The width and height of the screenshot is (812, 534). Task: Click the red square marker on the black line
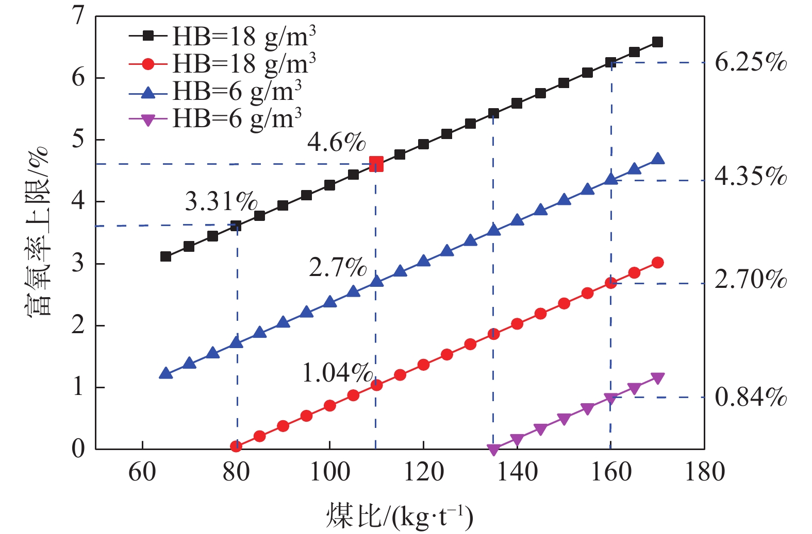click(x=376, y=164)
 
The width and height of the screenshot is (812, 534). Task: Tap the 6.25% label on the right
click(x=751, y=62)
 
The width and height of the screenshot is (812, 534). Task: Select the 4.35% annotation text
click(x=751, y=177)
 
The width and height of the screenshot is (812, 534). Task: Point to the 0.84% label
click(x=751, y=397)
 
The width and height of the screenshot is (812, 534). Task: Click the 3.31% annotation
click(x=221, y=201)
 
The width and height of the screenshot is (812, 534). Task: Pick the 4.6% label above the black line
click(x=336, y=142)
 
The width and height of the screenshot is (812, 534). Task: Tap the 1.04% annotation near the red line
click(x=337, y=373)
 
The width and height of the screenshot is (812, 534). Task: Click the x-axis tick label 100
click(x=329, y=472)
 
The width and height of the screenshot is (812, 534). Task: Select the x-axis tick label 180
click(x=704, y=472)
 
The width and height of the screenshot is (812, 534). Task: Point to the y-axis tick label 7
click(x=78, y=16)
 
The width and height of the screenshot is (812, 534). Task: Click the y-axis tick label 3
click(x=78, y=264)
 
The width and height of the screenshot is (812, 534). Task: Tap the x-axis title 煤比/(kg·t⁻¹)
click(x=400, y=516)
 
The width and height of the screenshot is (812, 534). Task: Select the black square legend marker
click(x=148, y=36)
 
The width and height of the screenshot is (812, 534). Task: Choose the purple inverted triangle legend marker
click(x=148, y=120)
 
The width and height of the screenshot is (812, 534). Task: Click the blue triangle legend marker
click(x=148, y=92)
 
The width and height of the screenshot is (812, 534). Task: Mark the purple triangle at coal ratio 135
click(x=493, y=450)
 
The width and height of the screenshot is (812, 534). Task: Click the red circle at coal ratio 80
click(x=236, y=446)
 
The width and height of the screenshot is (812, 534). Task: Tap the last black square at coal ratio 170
click(x=657, y=42)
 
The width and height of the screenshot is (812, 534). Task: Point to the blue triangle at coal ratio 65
click(x=165, y=373)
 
